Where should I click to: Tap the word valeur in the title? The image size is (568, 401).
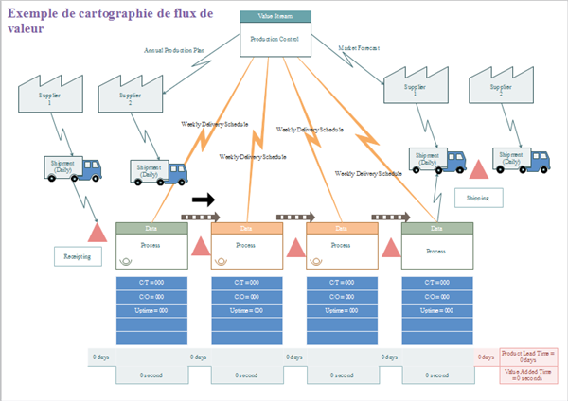(x=26, y=28)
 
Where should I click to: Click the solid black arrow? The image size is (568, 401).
(x=204, y=200)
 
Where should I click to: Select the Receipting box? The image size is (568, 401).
(x=77, y=256)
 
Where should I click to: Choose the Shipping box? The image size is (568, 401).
(x=479, y=198)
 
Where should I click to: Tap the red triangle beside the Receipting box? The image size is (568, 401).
(x=98, y=233)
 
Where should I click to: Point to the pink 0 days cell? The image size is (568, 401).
(x=486, y=357)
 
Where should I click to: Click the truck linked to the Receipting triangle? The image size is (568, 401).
(x=74, y=167)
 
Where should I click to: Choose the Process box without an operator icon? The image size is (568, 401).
(x=435, y=251)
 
